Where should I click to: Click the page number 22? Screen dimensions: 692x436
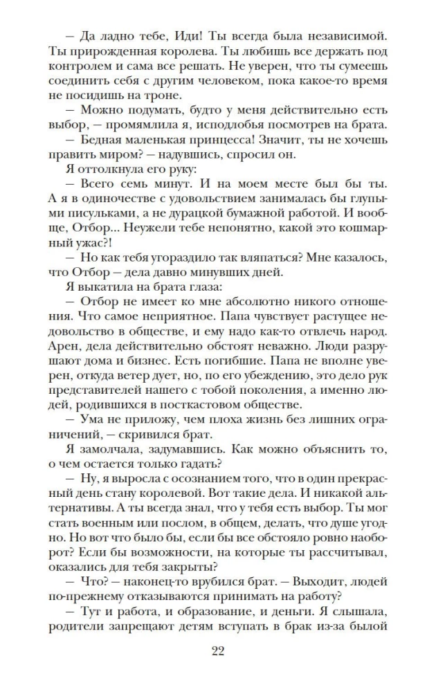[217, 650]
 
